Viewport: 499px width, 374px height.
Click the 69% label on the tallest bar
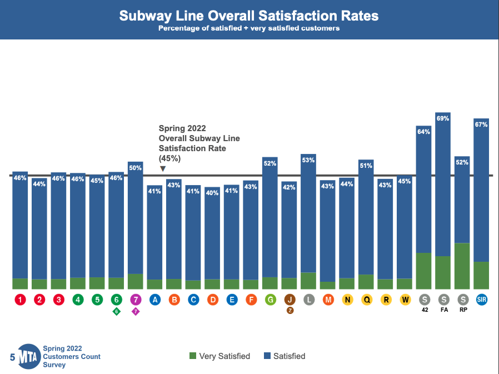point(443,118)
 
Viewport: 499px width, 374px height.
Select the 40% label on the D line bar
point(212,193)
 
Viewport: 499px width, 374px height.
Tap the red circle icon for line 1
point(21,300)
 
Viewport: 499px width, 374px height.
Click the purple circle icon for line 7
point(136,300)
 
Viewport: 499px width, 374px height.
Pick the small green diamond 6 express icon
point(117,311)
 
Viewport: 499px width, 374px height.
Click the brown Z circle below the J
point(290,311)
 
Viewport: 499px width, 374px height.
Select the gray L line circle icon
point(309,300)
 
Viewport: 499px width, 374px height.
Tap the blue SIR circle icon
point(481,300)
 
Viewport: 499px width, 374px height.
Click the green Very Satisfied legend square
point(193,356)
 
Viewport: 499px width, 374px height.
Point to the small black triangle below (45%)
point(162,168)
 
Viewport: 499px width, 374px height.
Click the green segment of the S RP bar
point(462,266)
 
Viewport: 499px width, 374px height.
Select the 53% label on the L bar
point(308,160)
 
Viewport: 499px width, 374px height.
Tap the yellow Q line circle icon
point(366,300)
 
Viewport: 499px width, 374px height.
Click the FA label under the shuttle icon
point(444,310)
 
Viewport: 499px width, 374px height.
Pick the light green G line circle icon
point(271,300)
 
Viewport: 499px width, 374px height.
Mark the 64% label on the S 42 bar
point(424,132)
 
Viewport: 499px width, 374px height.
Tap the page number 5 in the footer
point(12,357)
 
